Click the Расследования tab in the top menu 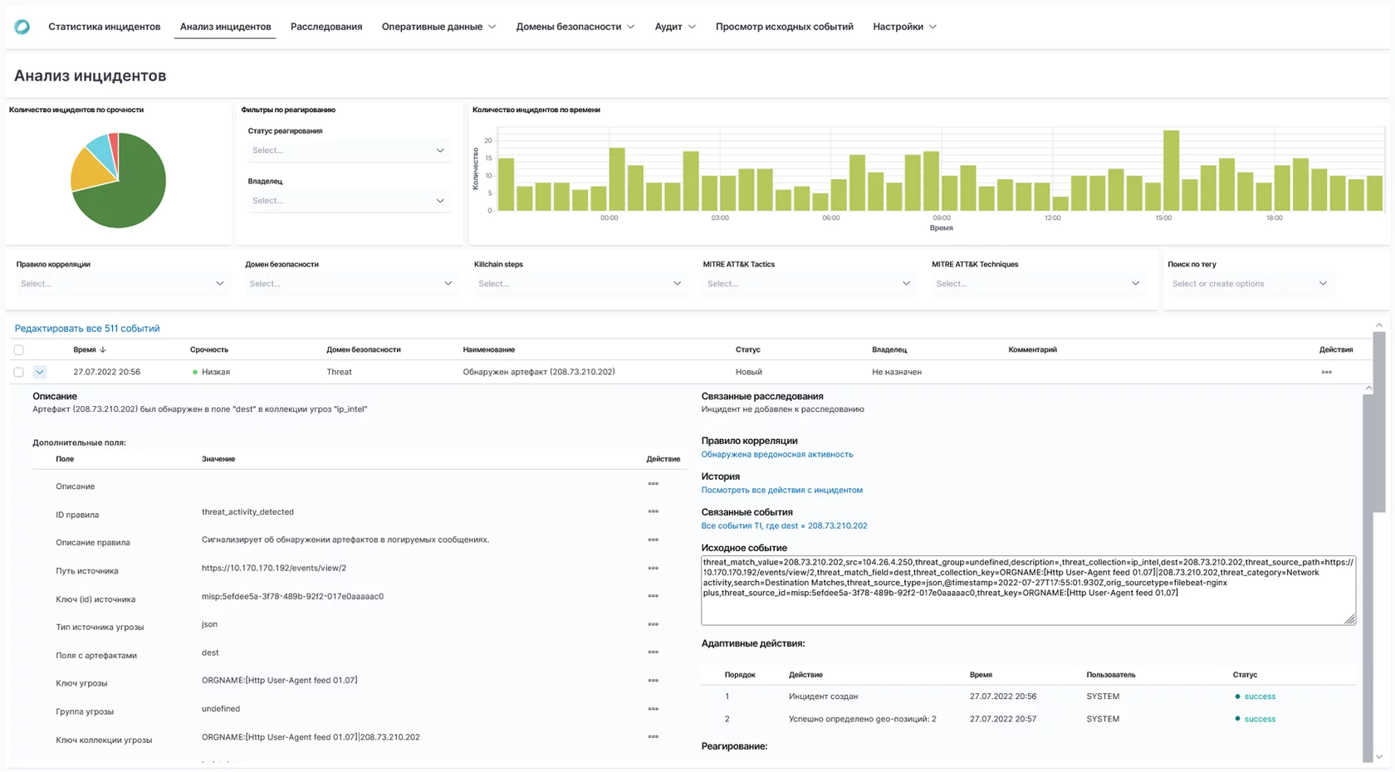326,27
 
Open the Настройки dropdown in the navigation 904,27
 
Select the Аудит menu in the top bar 674,27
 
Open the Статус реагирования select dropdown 348,150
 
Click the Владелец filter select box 348,201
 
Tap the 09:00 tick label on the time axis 941,217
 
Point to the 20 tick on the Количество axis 488,140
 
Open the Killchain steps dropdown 579,284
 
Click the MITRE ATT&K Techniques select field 1037,284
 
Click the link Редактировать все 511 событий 87,329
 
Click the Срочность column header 209,349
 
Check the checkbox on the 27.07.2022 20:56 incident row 18,372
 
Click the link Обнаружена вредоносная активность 776,454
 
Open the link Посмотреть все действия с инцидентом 781,490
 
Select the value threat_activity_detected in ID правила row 247,512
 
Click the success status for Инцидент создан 1259,696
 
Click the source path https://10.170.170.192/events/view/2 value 274,568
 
